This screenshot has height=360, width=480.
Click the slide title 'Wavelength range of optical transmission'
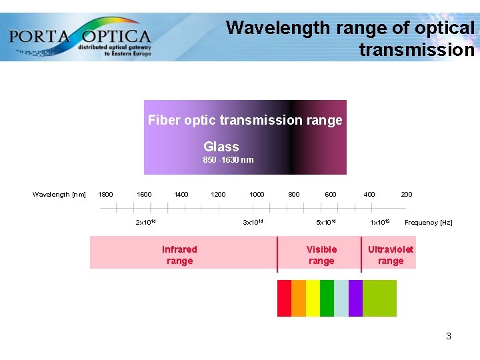pyautogui.click(x=350, y=39)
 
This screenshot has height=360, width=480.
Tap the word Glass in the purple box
pyautogui.click(x=221, y=147)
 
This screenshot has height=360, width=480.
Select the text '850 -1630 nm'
pyautogui.click(x=228, y=160)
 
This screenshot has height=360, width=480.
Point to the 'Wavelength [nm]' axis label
pyautogui.click(x=59, y=195)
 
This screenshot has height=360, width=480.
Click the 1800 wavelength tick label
pyautogui.click(x=105, y=195)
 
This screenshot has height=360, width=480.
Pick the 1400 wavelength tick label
pyautogui.click(x=181, y=195)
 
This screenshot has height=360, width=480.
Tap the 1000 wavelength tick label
pyautogui.click(x=257, y=195)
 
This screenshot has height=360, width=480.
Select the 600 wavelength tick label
pyautogui.click(x=331, y=195)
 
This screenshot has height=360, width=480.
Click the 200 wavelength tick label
pyautogui.click(x=406, y=195)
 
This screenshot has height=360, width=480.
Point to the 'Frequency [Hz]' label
pyautogui.click(x=428, y=223)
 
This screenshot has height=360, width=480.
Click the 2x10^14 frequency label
pyautogui.click(x=145, y=222)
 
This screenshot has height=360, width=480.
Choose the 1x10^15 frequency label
pyautogui.click(x=380, y=222)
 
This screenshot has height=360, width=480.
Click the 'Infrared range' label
pyautogui.click(x=179, y=255)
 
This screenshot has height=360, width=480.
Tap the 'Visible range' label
pyautogui.click(x=321, y=255)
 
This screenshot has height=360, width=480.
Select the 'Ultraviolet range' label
pyautogui.click(x=391, y=255)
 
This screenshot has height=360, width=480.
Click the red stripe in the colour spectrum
pyautogui.click(x=284, y=298)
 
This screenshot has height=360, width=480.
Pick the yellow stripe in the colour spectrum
pyautogui.click(x=313, y=298)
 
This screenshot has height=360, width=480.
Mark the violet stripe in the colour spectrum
pyautogui.click(x=355, y=298)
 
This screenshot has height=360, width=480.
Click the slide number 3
pyautogui.click(x=449, y=336)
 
